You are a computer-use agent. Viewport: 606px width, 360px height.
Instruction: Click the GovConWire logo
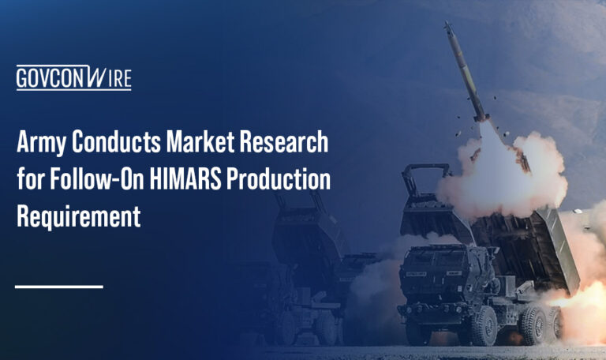pos(73,78)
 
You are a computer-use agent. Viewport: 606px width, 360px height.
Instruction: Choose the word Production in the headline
pos(279,180)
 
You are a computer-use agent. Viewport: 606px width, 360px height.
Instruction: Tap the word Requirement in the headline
pos(78,216)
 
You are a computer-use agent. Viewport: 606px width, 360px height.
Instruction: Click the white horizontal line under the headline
pos(59,286)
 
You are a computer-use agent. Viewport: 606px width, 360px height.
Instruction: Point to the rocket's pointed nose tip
pos(447,25)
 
